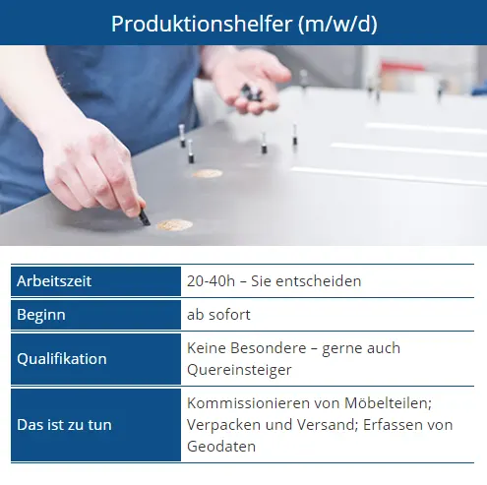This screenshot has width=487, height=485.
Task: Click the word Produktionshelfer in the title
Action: [x=202, y=24]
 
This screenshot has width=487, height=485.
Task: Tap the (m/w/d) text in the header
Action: [x=337, y=25]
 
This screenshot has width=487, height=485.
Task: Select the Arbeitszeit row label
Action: [x=54, y=281]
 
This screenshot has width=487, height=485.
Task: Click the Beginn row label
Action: [x=41, y=315]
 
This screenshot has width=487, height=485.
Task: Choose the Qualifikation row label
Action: [x=62, y=359]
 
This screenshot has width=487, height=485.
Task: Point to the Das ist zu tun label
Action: [x=64, y=425]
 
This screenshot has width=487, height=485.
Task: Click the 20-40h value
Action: [x=211, y=281]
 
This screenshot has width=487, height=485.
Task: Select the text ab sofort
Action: [x=218, y=315]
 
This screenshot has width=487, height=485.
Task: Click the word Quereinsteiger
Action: [x=239, y=370]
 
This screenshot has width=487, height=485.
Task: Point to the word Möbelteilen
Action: [x=388, y=403]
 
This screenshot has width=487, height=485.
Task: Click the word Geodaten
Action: [x=221, y=447]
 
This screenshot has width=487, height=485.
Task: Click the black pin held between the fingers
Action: [x=145, y=217]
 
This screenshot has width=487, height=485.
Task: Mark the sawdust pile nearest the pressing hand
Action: [x=175, y=225]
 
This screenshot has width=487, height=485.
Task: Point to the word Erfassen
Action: [x=388, y=425]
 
